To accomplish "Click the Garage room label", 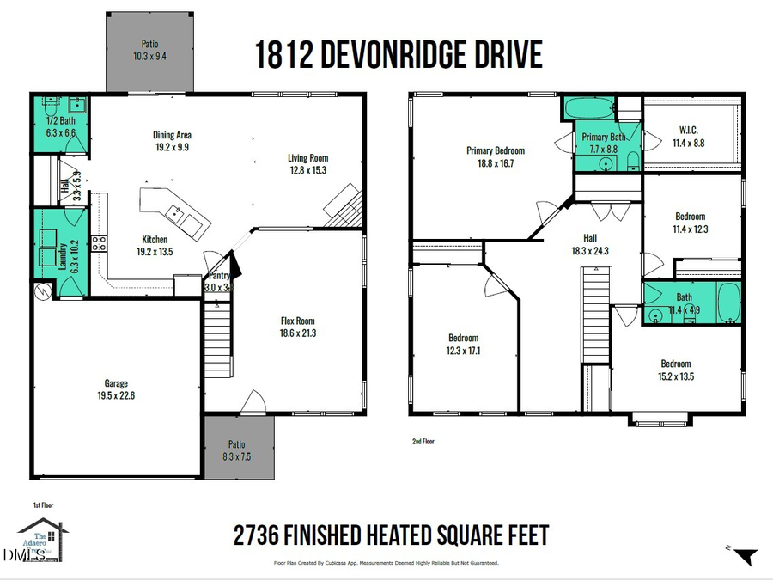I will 116,383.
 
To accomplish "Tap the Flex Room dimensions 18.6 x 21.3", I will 297,333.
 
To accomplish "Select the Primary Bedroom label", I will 496,150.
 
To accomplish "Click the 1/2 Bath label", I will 60,121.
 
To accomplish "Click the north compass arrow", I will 746,557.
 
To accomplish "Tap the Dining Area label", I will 172,135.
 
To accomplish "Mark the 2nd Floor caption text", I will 423,441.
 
